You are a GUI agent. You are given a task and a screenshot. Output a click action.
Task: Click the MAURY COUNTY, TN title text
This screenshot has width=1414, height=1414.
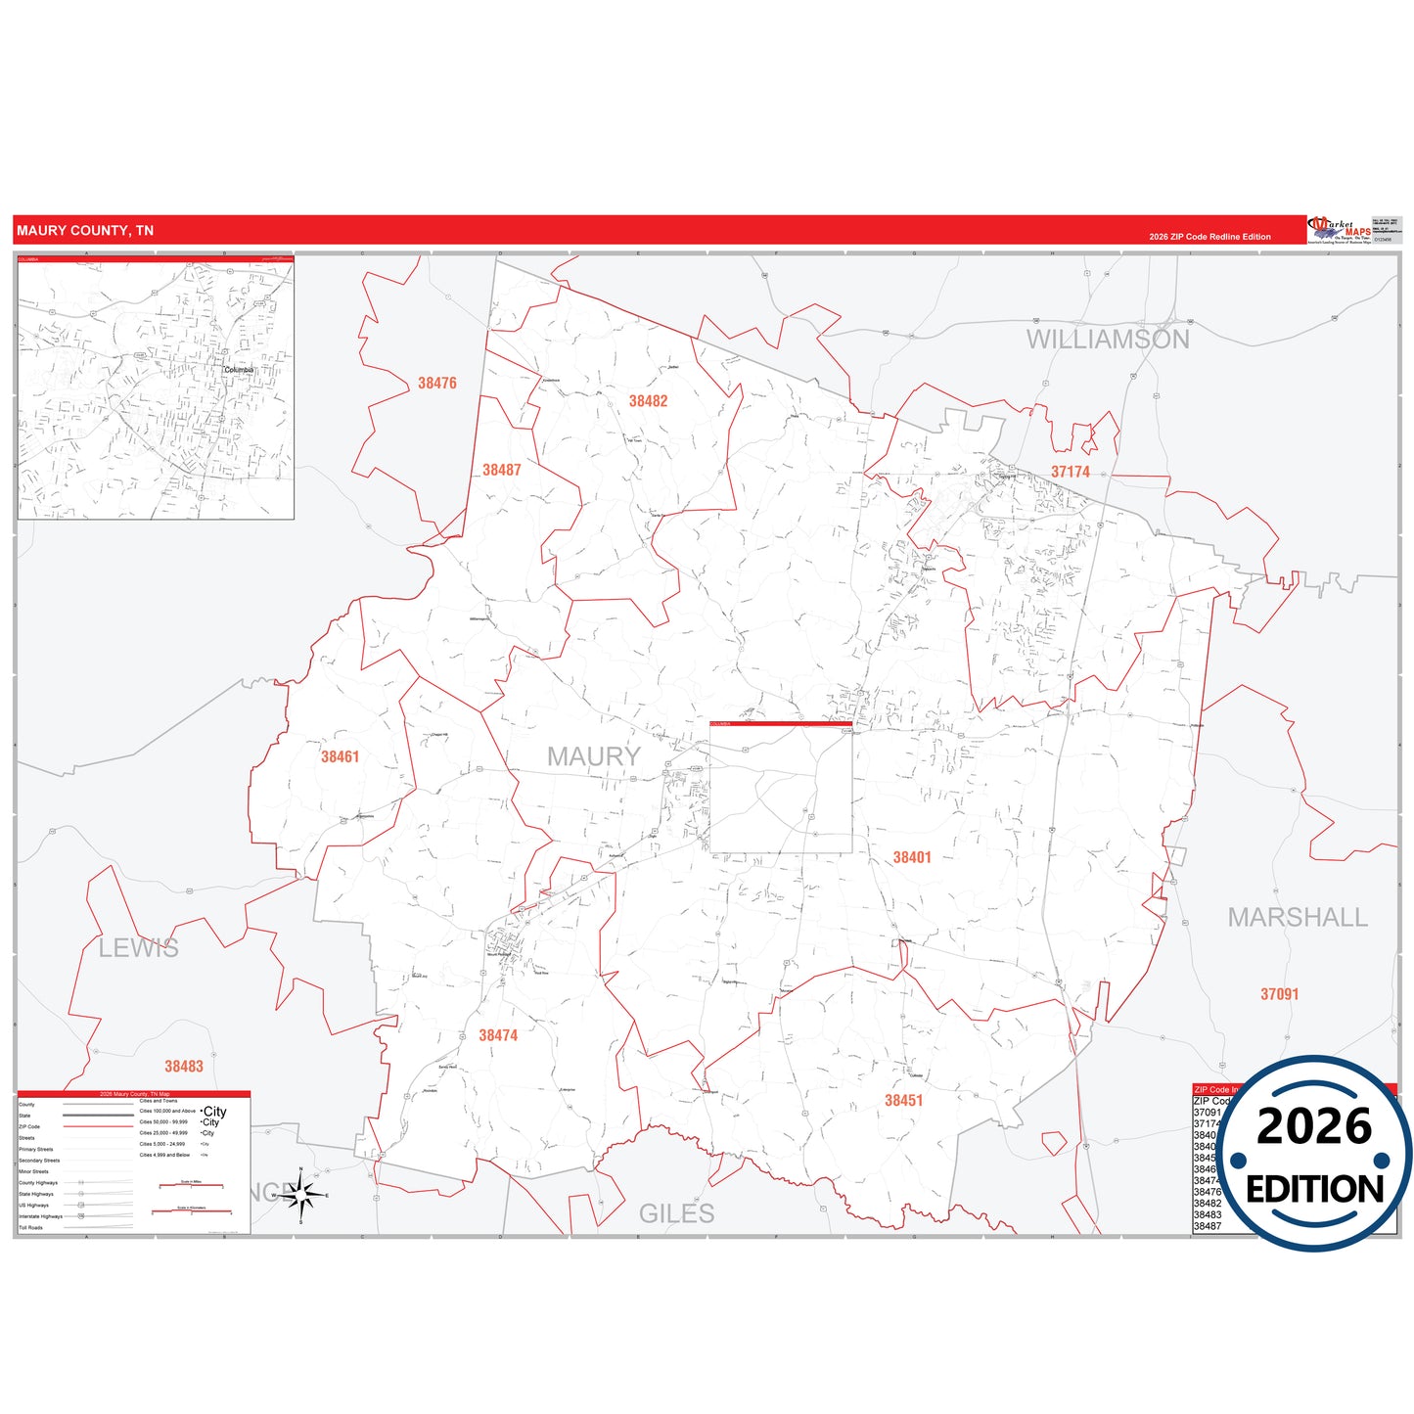pos(85,231)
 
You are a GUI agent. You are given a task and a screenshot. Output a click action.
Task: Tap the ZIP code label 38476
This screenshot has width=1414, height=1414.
pos(436,384)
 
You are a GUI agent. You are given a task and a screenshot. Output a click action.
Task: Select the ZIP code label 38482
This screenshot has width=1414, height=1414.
pos(648,401)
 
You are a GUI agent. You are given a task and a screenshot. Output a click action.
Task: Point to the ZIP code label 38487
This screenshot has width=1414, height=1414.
pos(501,471)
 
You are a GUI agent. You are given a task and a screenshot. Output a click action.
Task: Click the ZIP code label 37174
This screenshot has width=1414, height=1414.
pos(1070,472)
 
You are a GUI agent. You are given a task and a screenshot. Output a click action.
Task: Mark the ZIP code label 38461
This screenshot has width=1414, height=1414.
pos(340,757)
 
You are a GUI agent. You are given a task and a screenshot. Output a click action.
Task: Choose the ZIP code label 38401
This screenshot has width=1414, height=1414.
pos(911,858)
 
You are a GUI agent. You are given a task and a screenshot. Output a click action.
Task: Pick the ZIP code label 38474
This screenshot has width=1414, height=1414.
pos(498,1035)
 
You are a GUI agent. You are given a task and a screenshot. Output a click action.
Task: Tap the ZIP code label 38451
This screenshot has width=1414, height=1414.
pos(903,1101)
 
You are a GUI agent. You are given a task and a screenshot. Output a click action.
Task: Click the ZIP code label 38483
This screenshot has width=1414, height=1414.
pos(184,1067)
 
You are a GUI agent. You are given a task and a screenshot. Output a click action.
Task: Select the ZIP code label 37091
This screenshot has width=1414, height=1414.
pos(1279,994)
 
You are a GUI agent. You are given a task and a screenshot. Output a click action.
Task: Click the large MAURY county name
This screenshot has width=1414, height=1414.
pos(593,756)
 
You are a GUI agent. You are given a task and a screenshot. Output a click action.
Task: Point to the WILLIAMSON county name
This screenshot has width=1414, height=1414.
pos(1107,340)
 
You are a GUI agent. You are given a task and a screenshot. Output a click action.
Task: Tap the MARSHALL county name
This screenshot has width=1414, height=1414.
pos(1297,918)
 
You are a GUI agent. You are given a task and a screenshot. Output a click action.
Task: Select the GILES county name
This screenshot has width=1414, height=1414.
pos(676,1214)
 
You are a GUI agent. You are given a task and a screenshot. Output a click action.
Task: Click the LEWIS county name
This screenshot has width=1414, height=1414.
pos(138,948)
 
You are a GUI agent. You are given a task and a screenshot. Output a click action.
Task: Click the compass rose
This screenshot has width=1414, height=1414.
pos(300,1195)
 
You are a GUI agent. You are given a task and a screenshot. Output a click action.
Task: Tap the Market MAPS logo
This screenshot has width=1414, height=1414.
pos(1340,230)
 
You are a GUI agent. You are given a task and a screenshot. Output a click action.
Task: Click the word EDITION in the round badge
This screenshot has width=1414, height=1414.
pos(1314,1190)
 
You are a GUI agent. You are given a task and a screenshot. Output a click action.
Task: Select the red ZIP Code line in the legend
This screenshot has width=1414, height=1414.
pos(98,1126)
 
